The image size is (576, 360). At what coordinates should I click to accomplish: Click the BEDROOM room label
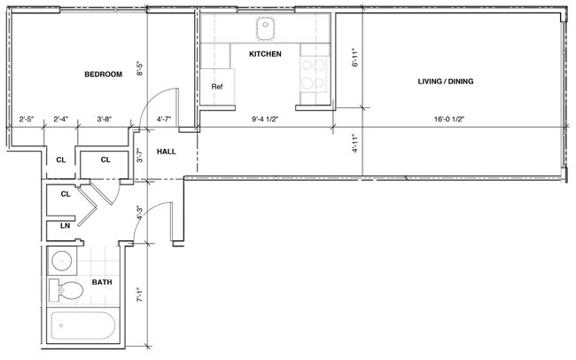click(x=103, y=74)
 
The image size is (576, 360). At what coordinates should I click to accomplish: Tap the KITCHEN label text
click(x=265, y=55)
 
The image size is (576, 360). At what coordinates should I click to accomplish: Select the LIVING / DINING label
click(x=446, y=82)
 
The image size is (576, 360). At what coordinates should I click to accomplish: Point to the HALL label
click(x=166, y=152)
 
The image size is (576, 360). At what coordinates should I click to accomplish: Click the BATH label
click(x=102, y=284)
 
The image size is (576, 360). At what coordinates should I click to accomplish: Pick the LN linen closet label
click(x=66, y=227)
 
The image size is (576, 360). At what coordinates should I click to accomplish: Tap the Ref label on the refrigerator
click(x=216, y=87)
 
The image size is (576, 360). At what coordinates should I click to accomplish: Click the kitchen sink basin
click(x=266, y=29)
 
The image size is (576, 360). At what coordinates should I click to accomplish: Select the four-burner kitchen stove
click(x=314, y=74)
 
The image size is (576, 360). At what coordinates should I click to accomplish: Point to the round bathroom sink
click(x=62, y=262)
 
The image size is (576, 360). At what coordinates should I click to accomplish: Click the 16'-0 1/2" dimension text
click(x=450, y=119)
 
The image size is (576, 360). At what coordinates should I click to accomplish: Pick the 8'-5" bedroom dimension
click(x=139, y=69)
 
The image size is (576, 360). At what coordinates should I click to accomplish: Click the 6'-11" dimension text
click(x=354, y=59)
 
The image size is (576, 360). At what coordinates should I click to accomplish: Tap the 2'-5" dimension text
click(x=27, y=119)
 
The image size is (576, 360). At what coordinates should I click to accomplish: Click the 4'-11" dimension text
click(x=354, y=145)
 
